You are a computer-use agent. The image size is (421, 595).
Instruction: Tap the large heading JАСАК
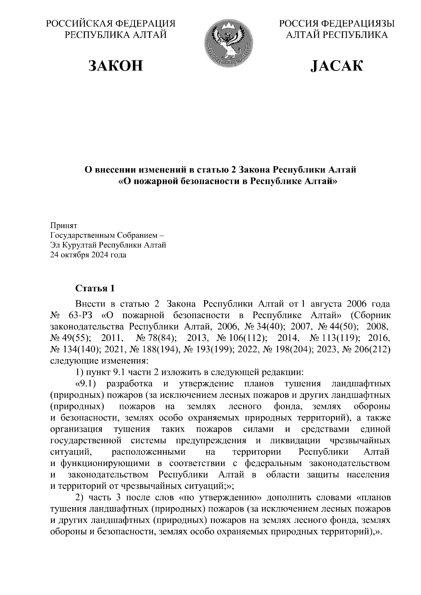337,66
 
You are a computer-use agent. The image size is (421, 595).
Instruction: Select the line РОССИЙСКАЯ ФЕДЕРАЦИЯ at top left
111,24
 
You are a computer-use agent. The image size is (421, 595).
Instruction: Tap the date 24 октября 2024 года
88,255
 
